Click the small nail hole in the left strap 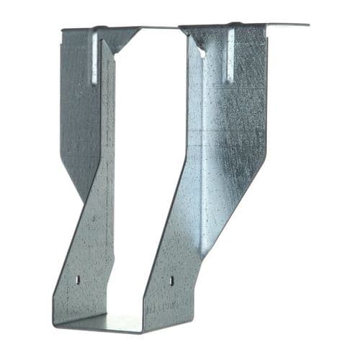click(x=78, y=278)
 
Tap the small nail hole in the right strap click(x=171, y=279)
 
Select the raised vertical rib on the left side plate click(x=94, y=56)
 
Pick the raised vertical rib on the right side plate click(x=230, y=54)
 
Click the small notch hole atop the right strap click(x=202, y=53)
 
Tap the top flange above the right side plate click(x=245, y=27)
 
